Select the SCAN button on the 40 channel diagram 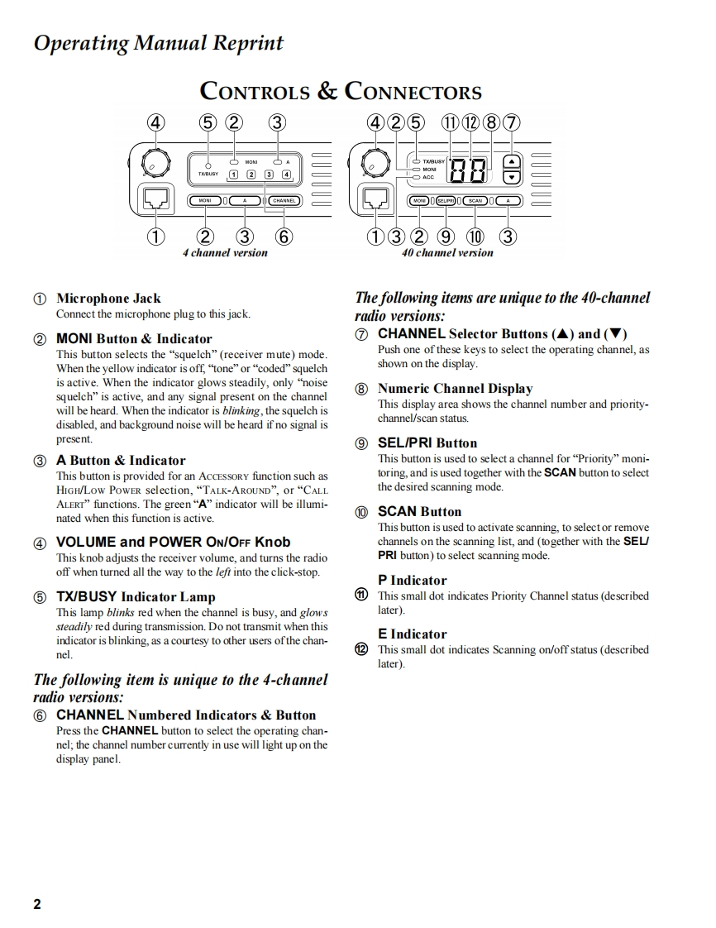click(475, 201)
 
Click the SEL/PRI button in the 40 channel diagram click(446, 201)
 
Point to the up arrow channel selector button click(513, 162)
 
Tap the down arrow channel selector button click(513, 177)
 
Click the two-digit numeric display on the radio click(467, 170)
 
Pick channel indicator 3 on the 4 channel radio click(268, 175)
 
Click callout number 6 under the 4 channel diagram click(284, 237)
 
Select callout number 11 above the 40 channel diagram click(451, 123)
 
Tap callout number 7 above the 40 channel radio click(512, 123)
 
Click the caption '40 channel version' click(447, 253)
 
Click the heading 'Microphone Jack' click(108, 299)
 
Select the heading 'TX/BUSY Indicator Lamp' click(136, 597)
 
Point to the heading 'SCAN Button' click(419, 512)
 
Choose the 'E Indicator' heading click(412, 634)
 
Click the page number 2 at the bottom click(37, 904)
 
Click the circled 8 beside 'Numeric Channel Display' click(361, 389)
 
